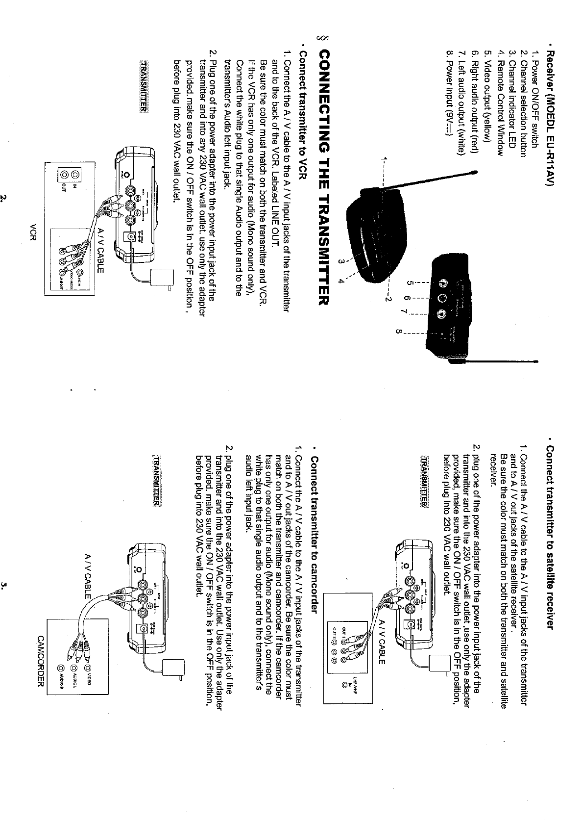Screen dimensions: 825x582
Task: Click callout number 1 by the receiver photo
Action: tap(386, 159)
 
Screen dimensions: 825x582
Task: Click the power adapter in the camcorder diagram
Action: tap(175, 667)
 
